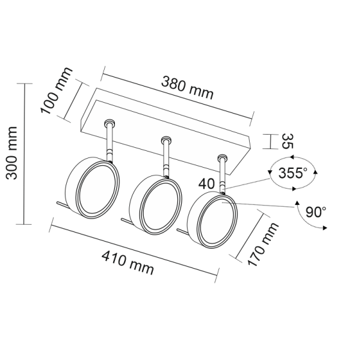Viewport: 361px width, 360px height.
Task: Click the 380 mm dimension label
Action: (x=187, y=88)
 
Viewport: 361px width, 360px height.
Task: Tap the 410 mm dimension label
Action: (x=128, y=263)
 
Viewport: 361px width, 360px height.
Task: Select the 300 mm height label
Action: (x=11, y=153)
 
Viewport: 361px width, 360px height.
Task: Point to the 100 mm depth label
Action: (x=56, y=91)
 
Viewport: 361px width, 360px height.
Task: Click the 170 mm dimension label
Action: (x=263, y=244)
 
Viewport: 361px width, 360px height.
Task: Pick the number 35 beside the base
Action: (x=288, y=141)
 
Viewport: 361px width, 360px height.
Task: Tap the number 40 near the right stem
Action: (x=206, y=184)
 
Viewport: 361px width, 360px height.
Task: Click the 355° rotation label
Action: (x=292, y=172)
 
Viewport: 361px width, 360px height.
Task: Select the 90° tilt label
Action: (x=316, y=212)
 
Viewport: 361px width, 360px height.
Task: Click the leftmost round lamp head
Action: (x=93, y=188)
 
